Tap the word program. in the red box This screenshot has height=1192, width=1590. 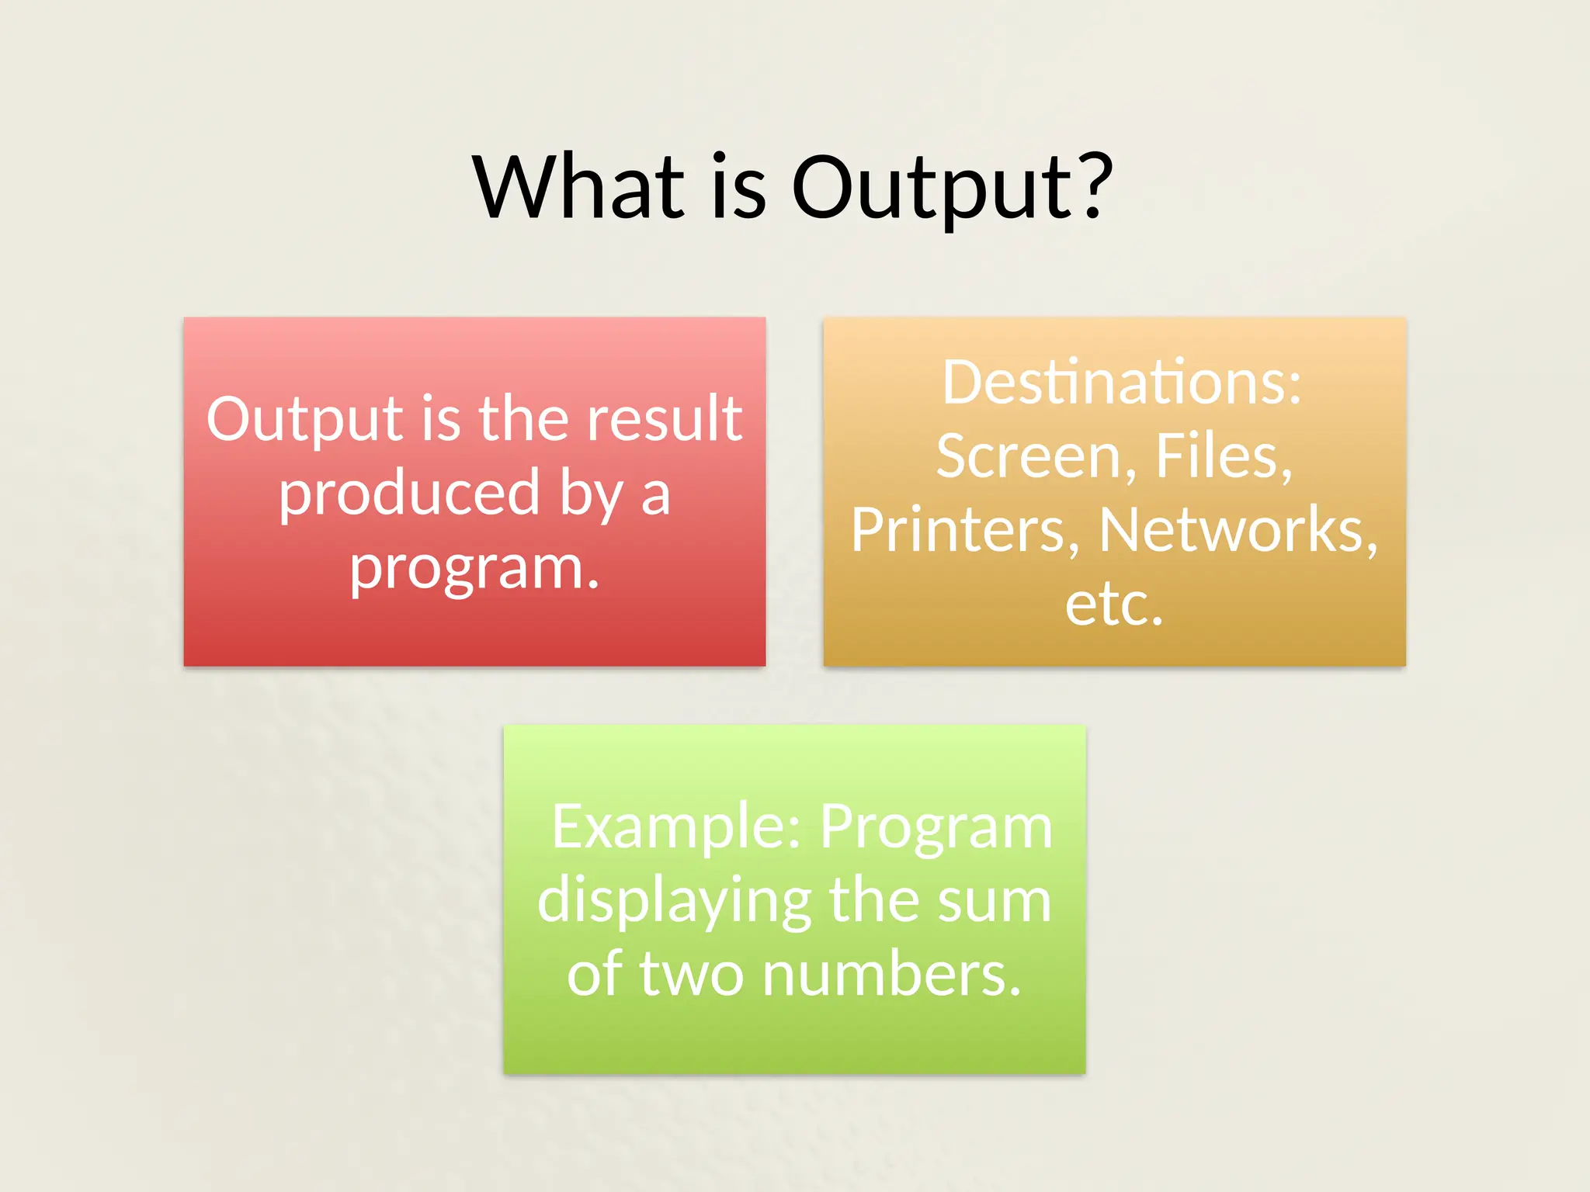click(474, 569)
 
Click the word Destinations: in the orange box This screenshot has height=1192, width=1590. click(1121, 383)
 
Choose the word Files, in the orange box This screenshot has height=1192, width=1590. click(1224, 456)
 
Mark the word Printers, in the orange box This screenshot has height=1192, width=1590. click(965, 530)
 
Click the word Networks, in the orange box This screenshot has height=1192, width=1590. click(1238, 530)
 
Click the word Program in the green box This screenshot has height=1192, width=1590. click(936, 829)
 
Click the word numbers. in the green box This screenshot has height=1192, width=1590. click(890, 975)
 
